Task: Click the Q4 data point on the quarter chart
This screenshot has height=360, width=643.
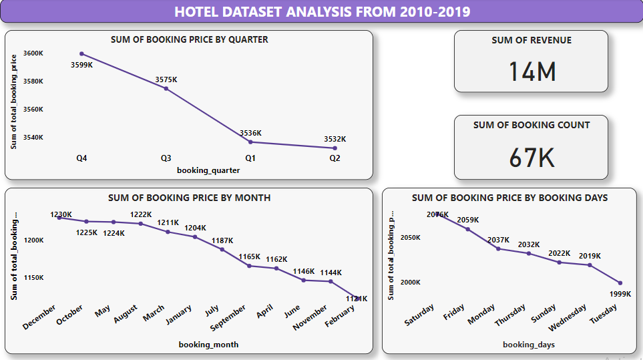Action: point(81,53)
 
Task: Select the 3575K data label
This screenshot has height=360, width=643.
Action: point(166,79)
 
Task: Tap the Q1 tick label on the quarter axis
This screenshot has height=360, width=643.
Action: point(250,158)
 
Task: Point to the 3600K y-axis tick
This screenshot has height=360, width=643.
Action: point(33,53)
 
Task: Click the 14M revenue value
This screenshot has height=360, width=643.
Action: point(531,71)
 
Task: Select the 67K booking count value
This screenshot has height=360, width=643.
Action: point(531,157)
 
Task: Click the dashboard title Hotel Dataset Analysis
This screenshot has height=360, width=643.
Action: point(322,12)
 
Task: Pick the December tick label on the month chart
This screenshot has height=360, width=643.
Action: point(39,316)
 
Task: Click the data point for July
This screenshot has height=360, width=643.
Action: point(222,249)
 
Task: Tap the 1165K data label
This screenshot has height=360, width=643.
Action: point(248,256)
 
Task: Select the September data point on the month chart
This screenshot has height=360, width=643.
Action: point(249,266)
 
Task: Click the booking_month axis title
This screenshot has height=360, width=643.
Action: point(208,345)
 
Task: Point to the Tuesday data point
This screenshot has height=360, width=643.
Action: point(620,283)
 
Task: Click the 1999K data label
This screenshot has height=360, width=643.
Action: point(620,294)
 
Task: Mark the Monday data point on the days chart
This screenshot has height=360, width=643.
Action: point(498,248)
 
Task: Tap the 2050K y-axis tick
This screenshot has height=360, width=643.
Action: point(410,238)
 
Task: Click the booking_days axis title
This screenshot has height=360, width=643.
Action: point(529,345)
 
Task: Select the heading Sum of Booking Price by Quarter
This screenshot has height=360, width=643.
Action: point(189,39)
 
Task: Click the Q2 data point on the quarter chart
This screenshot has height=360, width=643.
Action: point(335,148)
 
